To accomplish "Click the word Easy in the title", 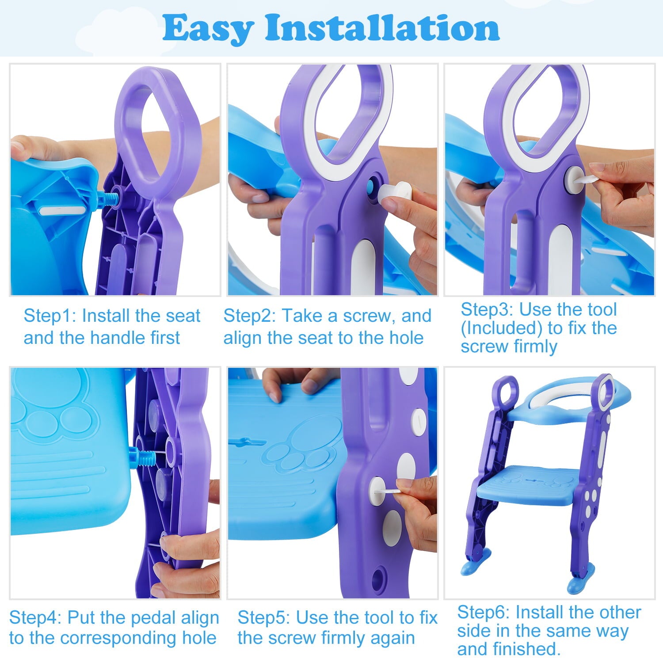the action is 208,28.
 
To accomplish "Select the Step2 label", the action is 250,316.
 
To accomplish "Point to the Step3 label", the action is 487,310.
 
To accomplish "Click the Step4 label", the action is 35,617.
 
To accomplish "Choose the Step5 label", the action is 264,617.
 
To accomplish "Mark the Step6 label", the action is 484,613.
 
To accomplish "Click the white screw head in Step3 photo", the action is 573,179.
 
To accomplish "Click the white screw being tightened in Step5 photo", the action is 378,491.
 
